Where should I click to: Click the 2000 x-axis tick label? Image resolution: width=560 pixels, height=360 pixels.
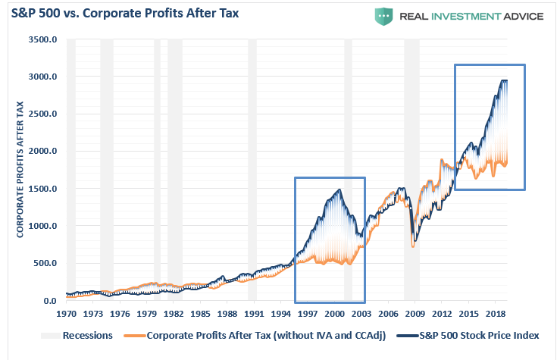[x=337, y=312]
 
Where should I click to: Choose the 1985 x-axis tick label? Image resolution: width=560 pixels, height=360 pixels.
[x=201, y=312]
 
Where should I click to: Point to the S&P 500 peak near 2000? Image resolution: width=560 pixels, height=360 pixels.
[x=339, y=189]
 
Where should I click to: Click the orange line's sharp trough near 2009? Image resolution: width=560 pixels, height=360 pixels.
[x=413, y=246]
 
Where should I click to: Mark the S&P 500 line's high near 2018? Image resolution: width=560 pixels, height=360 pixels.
[x=502, y=80]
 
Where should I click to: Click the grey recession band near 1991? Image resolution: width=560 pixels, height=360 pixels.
[x=252, y=167]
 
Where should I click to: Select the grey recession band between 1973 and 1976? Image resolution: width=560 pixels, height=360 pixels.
[x=107, y=167]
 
